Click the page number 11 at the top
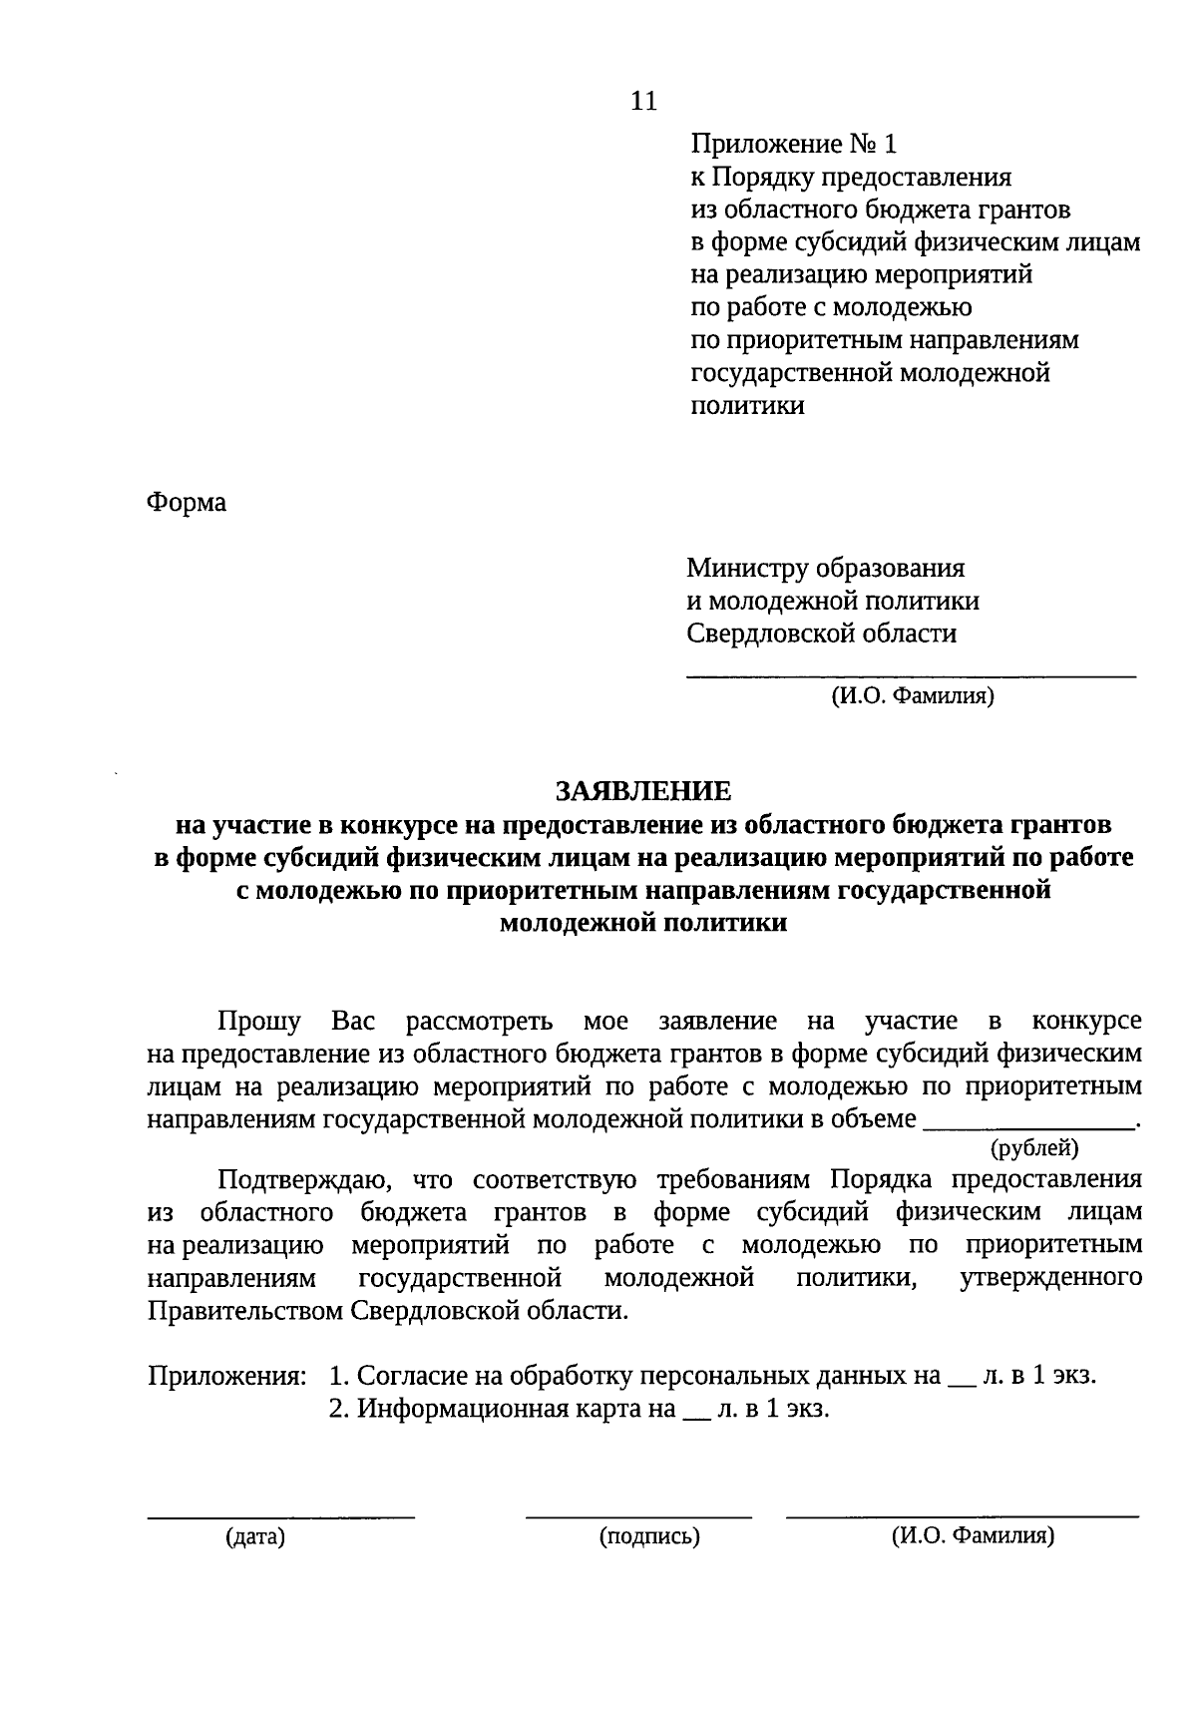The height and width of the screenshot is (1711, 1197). [x=644, y=101]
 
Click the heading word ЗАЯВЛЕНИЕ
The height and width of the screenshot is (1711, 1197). [x=643, y=791]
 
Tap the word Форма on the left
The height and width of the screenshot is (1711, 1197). [x=187, y=502]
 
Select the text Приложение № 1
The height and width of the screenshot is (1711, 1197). [x=794, y=145]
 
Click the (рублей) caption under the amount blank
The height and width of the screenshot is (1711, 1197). [x=1034, y=1148]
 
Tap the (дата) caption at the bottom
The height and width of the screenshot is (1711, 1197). [x=255, y=1536]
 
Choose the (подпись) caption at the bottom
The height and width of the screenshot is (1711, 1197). [x=649, y=1536]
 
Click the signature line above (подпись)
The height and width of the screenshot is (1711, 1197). [x=638, y=1516]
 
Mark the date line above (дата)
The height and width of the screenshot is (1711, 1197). [x=281, y=1516]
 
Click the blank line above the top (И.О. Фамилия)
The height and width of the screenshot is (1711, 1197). [x=911, y=676]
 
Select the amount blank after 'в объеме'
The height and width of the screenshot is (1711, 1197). [x=1029, y=1125]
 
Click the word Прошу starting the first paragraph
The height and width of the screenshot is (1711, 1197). [x=259, y=1022]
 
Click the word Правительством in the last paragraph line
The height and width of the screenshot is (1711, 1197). [x=245, y=1310]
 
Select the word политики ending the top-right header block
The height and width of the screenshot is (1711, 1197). [x=747, y=406]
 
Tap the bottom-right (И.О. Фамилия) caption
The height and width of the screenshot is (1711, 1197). [x=973, y=1536]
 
